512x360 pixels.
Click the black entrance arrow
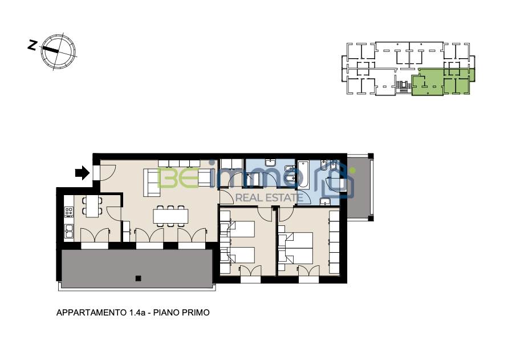pyautogui.click(x=82, y=173)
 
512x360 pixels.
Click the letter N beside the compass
pyautogui.click(x=32, y=45)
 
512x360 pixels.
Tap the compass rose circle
pyautogui.click(x=58, y=51)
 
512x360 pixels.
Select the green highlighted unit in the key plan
pyautogui.click(x=442, y=82)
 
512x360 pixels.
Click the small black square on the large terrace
pyautogui.click(x=138, y=278)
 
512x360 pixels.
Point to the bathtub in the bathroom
pyautogui.click(x=303, y=174)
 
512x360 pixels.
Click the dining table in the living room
pyautogui.click(x=171, y=216)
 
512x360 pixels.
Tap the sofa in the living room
pyautogui.click(x=152, y=183)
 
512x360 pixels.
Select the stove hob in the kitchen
pyautogui.click(x=68, y=212)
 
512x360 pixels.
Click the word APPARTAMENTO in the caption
pyautogui.click(x=91, y=313)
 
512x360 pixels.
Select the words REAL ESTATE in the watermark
pyautogui.click(x=269, y=197)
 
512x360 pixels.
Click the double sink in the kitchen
pyautogui.click(x=68, y=231)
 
